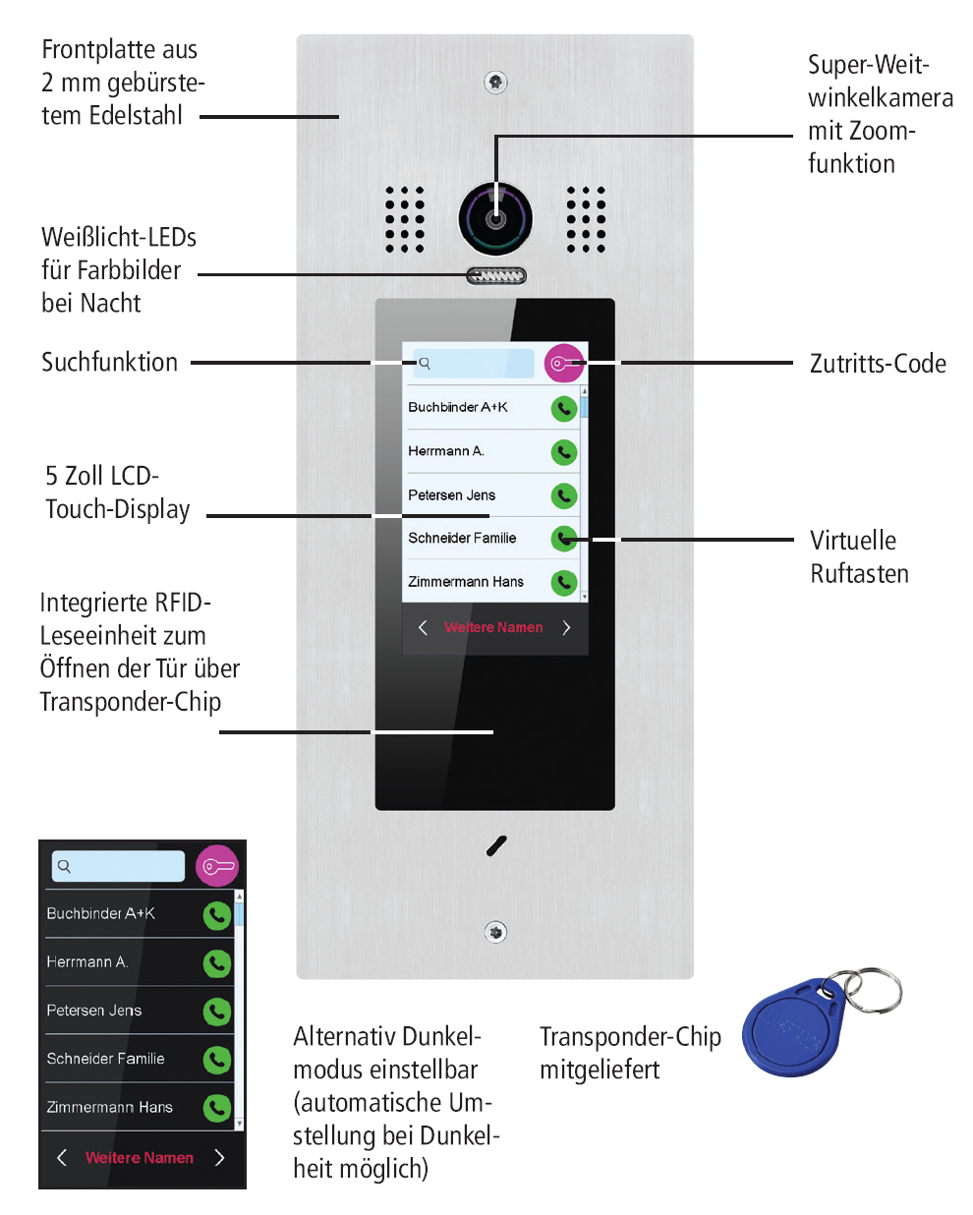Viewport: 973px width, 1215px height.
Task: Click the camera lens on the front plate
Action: tap(495, 218)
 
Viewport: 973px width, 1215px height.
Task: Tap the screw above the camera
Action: tap(495, 82)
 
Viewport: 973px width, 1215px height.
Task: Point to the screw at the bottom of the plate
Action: tap(495, 932)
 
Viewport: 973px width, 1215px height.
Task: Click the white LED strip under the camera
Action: tap(495, 276)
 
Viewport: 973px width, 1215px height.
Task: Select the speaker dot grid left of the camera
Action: tap(404, 219)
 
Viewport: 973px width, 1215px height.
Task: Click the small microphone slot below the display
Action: tap(496, 846)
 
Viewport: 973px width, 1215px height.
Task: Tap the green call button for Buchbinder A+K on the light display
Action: tap(563, 408)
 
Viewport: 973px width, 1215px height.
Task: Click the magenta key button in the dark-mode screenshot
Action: tap(217, 866)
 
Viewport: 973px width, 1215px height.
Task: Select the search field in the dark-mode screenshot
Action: tap(118, 866)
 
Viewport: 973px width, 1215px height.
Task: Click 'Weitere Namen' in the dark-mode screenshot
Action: tap(140, 1158)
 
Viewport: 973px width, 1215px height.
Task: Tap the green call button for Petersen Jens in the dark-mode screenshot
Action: tap(216, 1012)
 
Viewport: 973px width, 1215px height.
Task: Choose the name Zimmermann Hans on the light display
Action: tap(466, 582)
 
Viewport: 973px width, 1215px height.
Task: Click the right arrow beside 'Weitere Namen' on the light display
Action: tap(566, 627)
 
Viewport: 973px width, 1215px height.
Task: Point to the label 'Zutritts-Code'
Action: tap(878, 364)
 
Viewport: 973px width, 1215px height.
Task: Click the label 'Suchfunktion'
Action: tap(109, 362)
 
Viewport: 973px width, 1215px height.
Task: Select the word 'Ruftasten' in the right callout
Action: tap(859, 574)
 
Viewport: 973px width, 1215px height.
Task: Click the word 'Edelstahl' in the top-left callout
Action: tap(136, 116)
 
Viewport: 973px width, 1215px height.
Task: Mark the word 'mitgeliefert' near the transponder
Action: tap(600, 1070)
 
